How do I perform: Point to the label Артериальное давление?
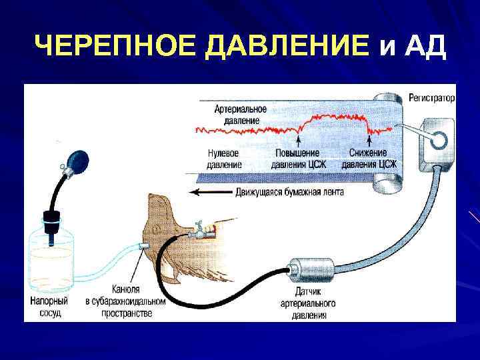point(241,115)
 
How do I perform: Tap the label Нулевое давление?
point(223,158)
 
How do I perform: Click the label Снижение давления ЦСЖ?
point(369,158)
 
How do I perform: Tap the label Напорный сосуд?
point(47,306)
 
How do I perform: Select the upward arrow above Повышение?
point(298,141)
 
